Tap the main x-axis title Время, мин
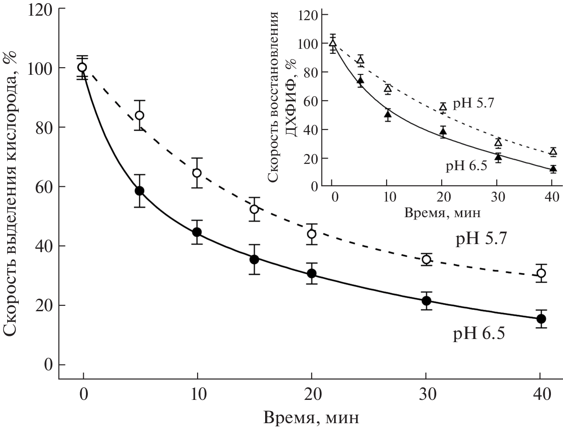pos(311,418)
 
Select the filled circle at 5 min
pos(139,191)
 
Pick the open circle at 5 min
pos(139,116)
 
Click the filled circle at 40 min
pos(541,319)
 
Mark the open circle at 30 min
pos(426,259)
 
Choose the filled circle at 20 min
pos(312,274)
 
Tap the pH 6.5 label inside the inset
pos(466,166)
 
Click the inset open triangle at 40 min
pos(553,152)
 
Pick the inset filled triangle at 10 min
pos(388,114)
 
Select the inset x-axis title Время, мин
pos(443,213)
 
